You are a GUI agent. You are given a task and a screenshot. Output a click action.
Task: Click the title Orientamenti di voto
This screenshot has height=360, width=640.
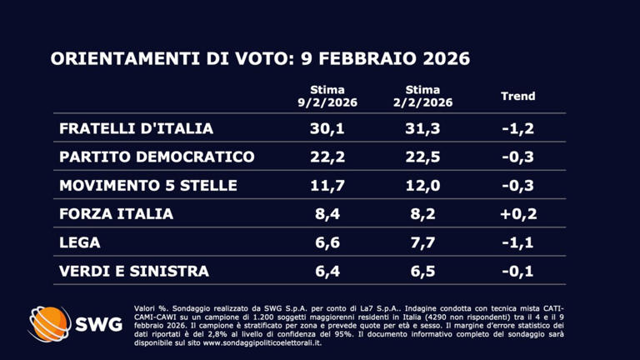pyautogui.click(x=260, y=59)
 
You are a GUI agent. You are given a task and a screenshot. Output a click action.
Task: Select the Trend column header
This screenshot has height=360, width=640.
pyautogui.click(x=517, y=96)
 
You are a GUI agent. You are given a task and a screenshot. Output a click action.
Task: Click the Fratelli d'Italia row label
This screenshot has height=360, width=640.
pyautogui.click(x=137, y=128)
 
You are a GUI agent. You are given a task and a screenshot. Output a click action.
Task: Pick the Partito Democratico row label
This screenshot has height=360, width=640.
pyautogui.click(x=157, y=157)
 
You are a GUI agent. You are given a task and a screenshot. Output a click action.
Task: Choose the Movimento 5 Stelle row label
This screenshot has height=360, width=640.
pyautogui.click(x=148, y=185)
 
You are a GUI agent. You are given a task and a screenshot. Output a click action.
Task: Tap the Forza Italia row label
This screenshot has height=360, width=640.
pyautogui.click(x=117, y=214)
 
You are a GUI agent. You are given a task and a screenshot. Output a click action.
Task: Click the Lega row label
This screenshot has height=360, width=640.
pyautogui.click(x=80, y=242)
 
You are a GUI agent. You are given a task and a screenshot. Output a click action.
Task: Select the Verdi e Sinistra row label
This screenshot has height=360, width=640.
pyautogui.click(x=134, y=271)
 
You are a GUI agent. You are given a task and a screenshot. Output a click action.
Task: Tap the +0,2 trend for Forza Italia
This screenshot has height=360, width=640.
pyautogui.click(x=517, y=214)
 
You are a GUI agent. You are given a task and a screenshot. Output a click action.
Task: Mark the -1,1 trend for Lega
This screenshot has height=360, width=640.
pyautogui.click(x=517, y=242)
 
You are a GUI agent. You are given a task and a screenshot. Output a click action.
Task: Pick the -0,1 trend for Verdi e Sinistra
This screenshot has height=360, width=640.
pyautogui.click(x=517, y=271)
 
